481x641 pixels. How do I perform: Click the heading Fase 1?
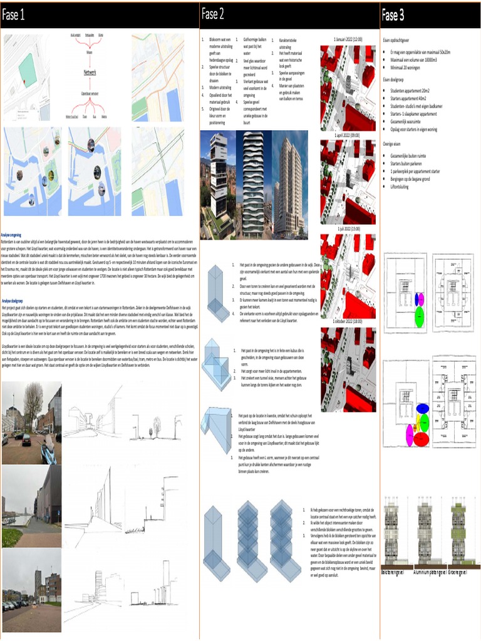pyautogui.click(x=14, y=15)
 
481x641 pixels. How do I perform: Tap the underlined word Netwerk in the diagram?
pyautogui.click(x=90, y=72)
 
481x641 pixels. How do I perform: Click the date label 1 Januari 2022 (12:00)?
pyautogui.click(x=348, y=39)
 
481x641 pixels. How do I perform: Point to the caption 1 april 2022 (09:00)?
pyautogui.click(x=348, y=135)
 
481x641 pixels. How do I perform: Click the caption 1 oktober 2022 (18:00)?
pyautogui.click(x=348, y=321)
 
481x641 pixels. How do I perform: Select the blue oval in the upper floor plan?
pyautogui.click(x=419, y=299)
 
